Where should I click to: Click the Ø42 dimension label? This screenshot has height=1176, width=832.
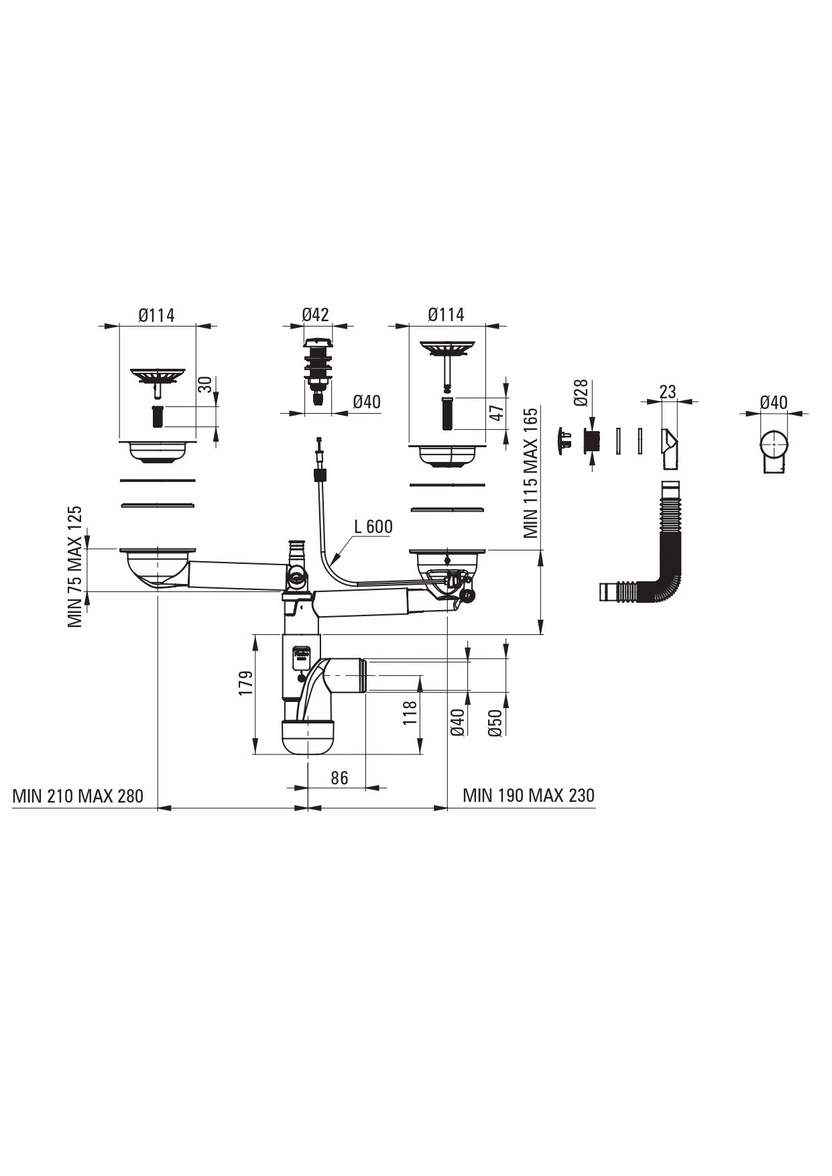pyautogui.click(x=315, y=314)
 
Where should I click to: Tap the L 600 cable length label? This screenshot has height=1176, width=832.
pyautogui.click(x=373, y=526)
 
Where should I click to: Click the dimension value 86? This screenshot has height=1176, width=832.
pyautogui.click(x=340, y=777)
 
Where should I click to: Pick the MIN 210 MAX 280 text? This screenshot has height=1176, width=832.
pyautogui.click(x=78, y=796)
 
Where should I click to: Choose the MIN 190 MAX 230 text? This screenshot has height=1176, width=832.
pyautogui.click(x=528, y=795)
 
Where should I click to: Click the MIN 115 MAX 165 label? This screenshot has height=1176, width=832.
pyautogui.click(x=531, y=473)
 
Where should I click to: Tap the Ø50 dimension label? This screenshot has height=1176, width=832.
pyautogui.click(x=495, y=723)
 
